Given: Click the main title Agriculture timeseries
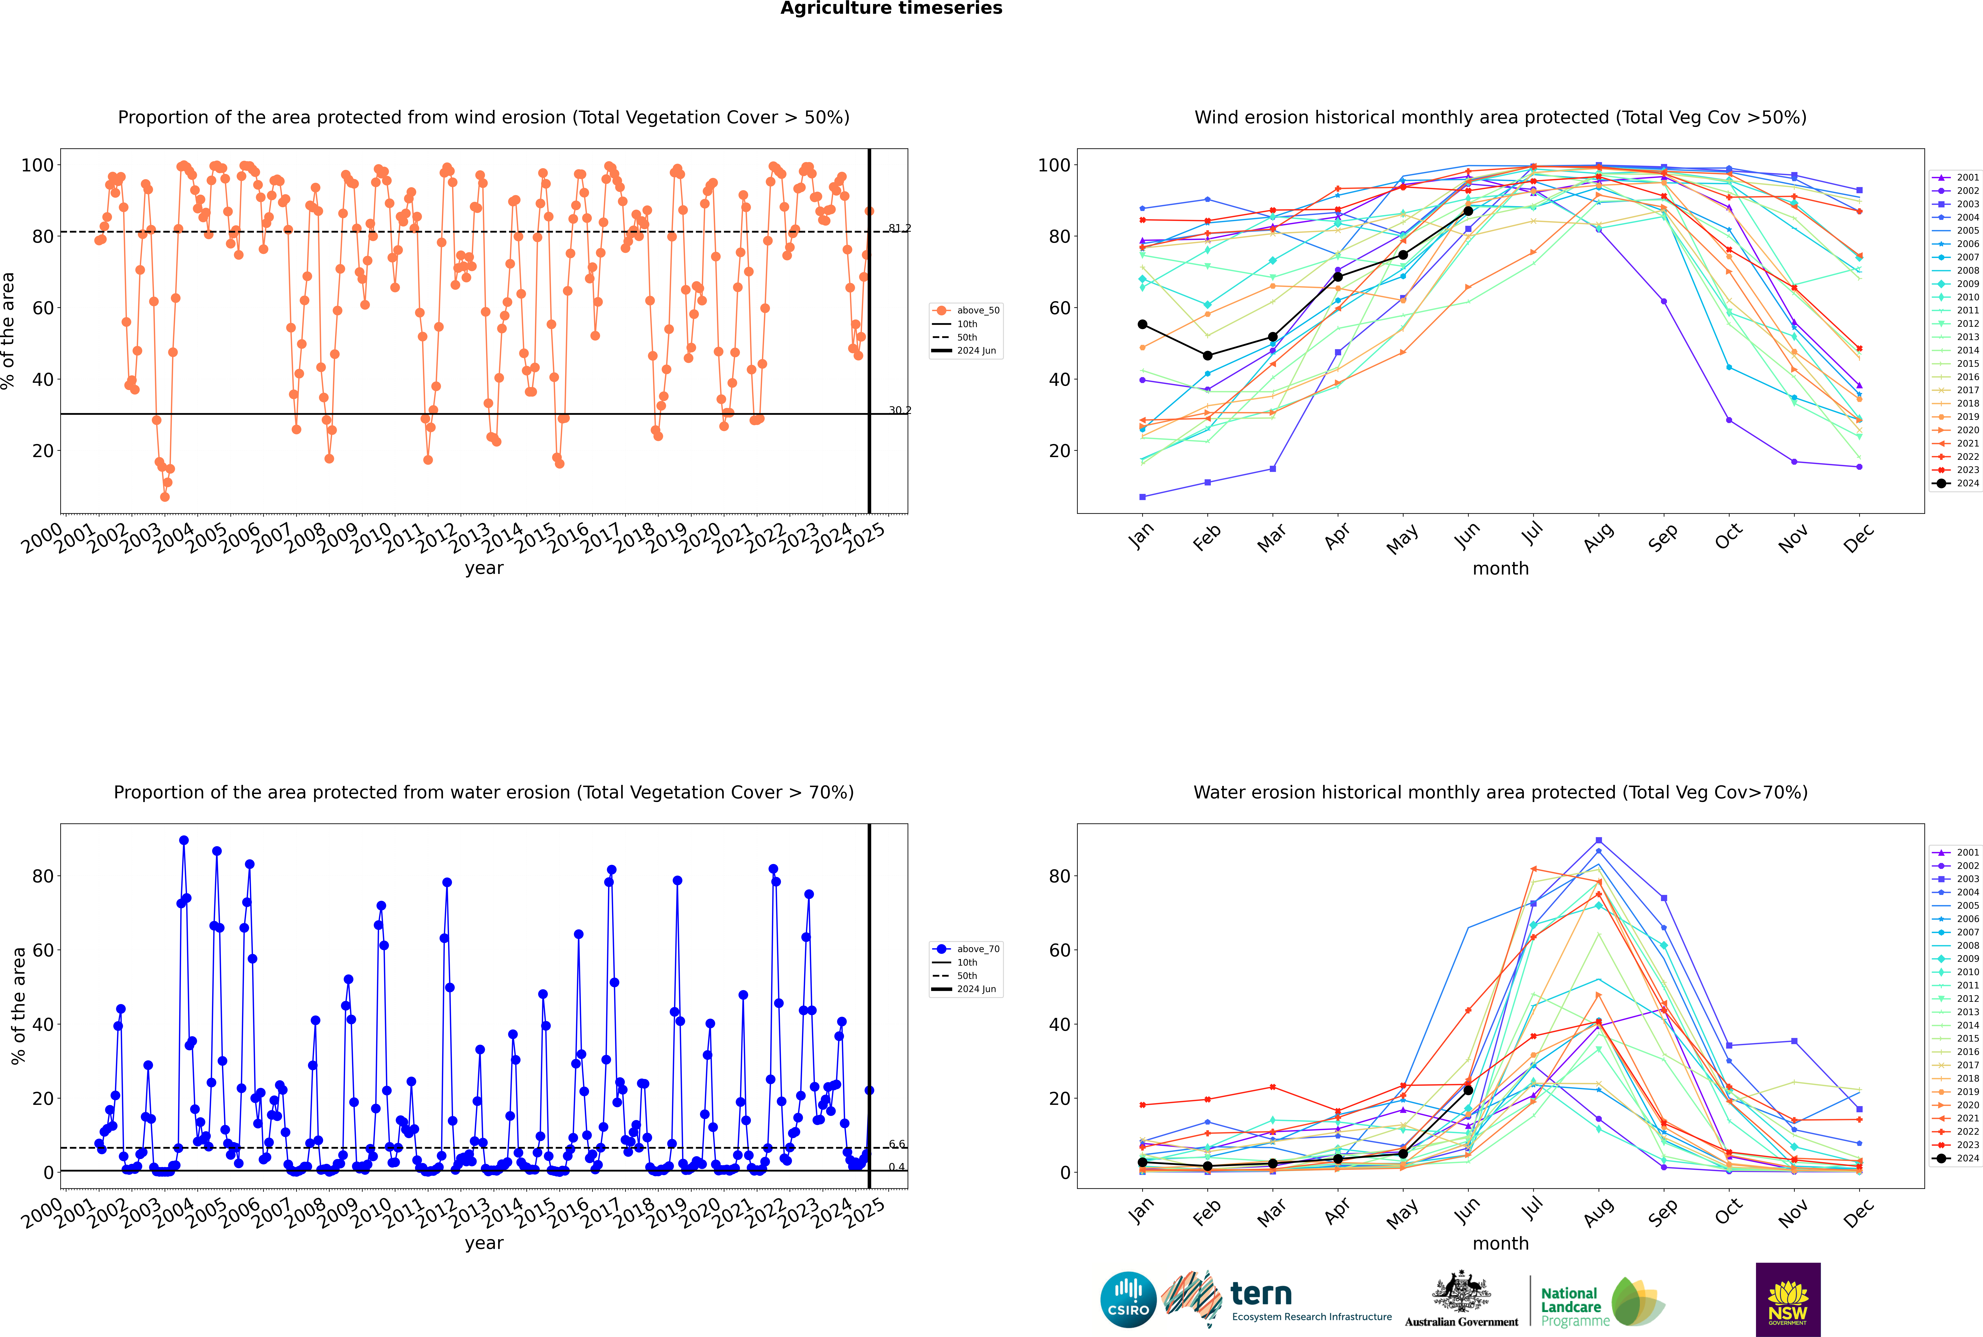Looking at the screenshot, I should tap(891, 8).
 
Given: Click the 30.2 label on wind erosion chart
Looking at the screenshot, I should tap(899, 410).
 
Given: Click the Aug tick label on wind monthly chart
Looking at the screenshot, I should tap(1599, 537).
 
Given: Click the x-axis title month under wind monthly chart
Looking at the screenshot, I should tap(1500, 569).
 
